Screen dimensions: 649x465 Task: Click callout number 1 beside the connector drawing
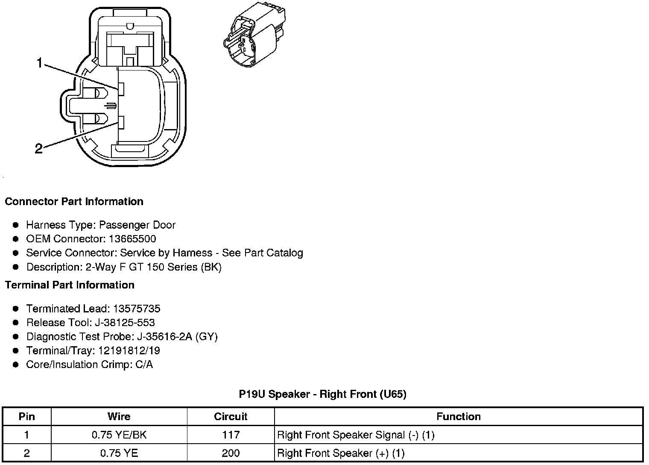40,63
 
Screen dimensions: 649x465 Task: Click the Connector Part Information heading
74,201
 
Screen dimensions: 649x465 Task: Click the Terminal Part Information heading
70,285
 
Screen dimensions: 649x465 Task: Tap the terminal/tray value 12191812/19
129,350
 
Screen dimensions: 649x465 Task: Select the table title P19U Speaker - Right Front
322,394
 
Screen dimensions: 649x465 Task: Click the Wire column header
119,416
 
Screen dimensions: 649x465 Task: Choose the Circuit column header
231,416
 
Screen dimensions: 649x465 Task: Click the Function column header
459,416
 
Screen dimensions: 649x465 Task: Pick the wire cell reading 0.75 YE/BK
119,435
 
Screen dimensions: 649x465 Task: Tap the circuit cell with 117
231,435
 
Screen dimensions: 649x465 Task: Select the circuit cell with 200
231,453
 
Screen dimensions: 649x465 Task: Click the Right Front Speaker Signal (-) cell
355,435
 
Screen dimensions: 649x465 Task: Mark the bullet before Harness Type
16,225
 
